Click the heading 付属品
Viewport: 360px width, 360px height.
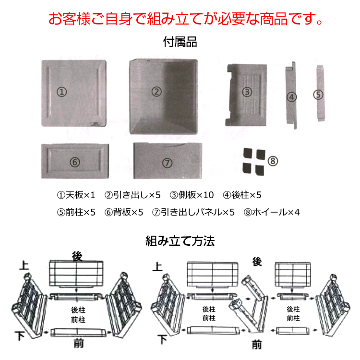click(x=180, y=43)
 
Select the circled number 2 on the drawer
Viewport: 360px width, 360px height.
click(x=157, y=91)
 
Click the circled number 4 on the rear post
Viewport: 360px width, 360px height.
click(x=292, y=96)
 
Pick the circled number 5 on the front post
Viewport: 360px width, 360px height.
click(x=318, y=95)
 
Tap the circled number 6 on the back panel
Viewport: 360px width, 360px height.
click(x=74, y=162)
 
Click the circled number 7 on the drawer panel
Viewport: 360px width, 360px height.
click(x=167, y=163)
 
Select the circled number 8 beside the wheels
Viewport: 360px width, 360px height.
click(x=273, y=161)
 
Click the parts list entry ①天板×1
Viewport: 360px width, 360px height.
click(x=76, y=195)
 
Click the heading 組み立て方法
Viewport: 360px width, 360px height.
click(x=180, y=241)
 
